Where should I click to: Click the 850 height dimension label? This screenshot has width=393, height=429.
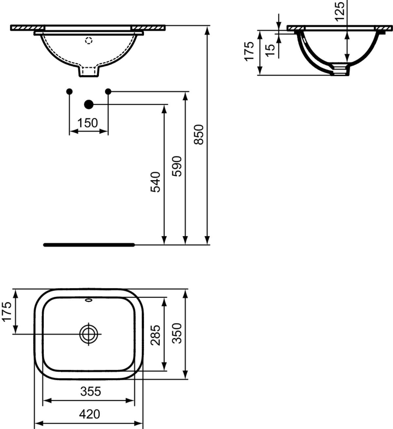[198, 134]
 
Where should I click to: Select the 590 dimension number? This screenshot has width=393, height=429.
[177, 166]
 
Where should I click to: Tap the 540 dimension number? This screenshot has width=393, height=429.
[156, 182]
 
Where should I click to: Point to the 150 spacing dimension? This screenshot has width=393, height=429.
[87, 123]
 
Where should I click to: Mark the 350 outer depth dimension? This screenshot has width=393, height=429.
[177, 333]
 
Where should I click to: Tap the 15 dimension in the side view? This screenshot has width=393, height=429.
[270, 50]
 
